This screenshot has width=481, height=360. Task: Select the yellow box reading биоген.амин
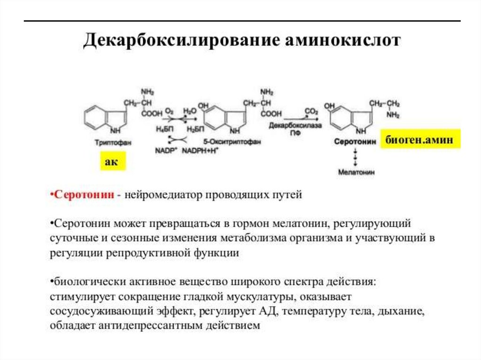coord(420,139)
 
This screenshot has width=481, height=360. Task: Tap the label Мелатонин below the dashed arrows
coord(356,172)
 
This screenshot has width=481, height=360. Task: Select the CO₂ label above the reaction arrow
coord(311,112)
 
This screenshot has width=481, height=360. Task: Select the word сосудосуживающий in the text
coord(99,311)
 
